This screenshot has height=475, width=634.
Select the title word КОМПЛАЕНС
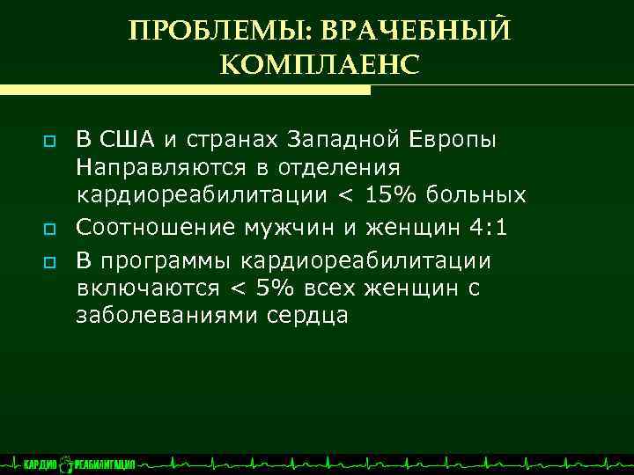pos(319,64)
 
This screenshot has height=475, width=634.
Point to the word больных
pos(483,194)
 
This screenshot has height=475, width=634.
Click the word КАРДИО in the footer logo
pos(41,464)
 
